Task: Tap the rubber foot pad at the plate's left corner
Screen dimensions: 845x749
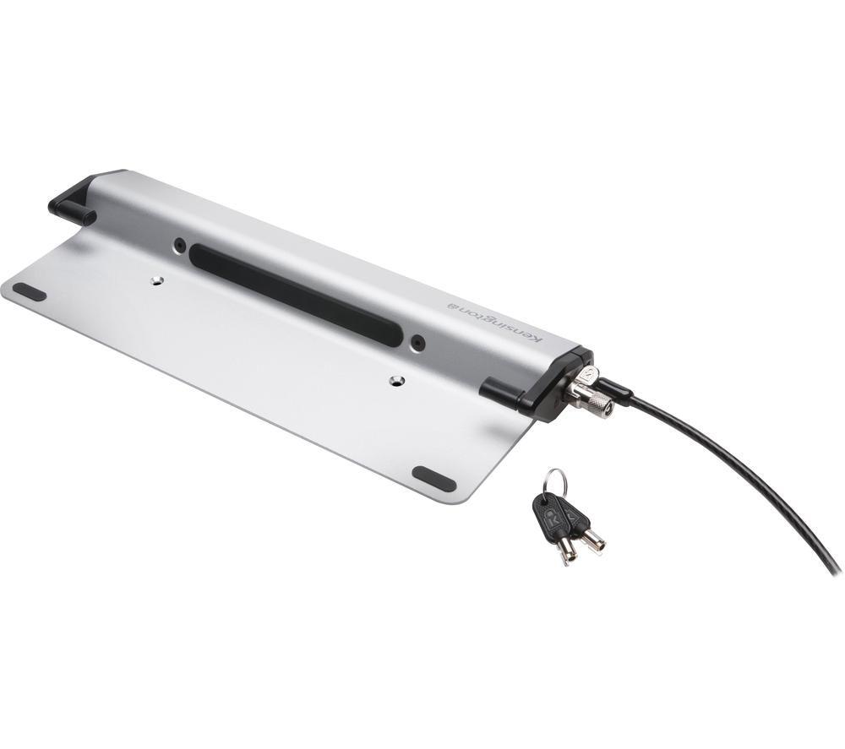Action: point(30,291)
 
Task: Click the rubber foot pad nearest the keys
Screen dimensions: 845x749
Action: point(433,479)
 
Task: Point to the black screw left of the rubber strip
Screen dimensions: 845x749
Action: point(179,246)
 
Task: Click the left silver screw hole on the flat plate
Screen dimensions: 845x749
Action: point(157,280)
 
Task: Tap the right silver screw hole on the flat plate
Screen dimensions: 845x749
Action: point(398,381)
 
